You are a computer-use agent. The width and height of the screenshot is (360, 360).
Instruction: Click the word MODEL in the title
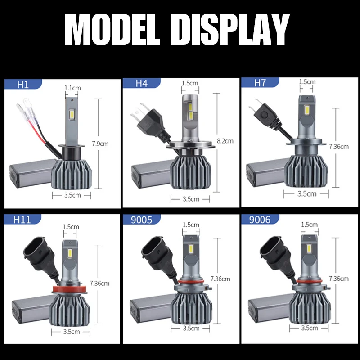tap(114, 30)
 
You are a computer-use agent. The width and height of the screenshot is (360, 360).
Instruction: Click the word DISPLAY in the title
tap(231, 30)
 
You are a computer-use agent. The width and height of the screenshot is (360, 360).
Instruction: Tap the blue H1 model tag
tap(22, 84)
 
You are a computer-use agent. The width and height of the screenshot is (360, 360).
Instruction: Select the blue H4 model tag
tap(142, 83)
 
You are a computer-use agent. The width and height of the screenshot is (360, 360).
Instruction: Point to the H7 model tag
tap(260, 82)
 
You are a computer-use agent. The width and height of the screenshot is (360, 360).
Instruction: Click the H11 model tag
tap(22, 220)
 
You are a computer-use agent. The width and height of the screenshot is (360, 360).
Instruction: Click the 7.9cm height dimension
tap(100, 144)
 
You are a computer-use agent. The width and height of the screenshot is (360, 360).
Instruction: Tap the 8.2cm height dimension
tap(225, 141)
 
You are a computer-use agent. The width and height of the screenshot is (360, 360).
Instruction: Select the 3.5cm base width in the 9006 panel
tap(309, 328)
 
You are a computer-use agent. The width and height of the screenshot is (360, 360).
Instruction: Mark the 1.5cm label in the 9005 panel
tap(191, 224)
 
